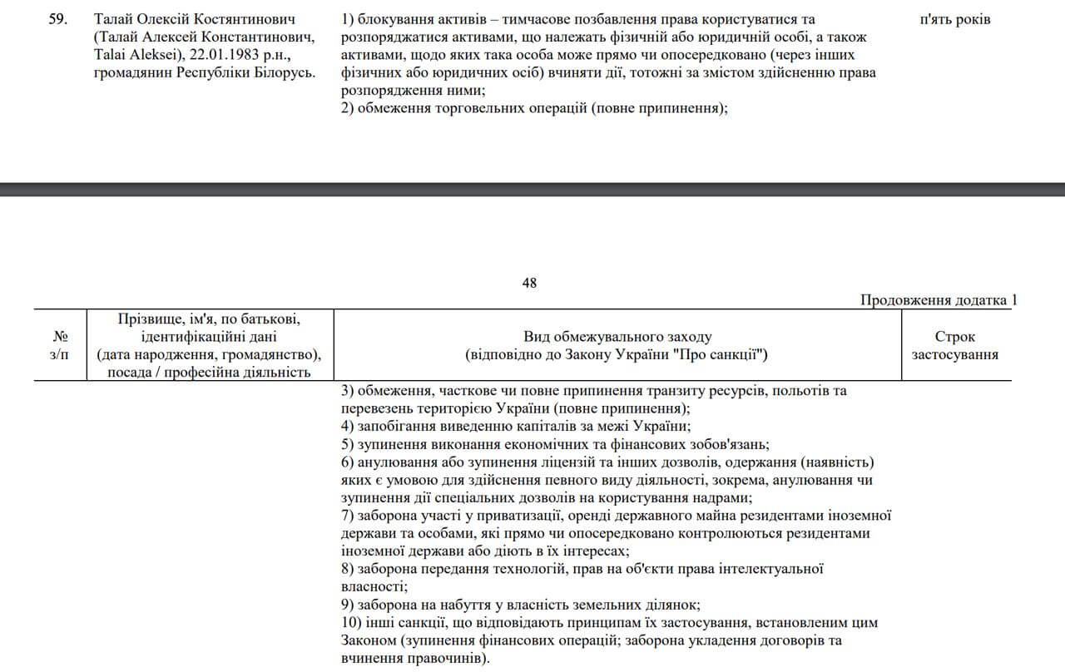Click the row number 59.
(x=57, y=18)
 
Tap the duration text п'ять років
(x=955, y=18)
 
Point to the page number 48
(x=529, y=283)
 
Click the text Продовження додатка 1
(x=938, y=300)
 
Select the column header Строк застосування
(x=955, y=346)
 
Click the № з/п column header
(x=60, y=346)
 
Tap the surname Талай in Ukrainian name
(x=112, y=18)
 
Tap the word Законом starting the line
(x=368, y=641)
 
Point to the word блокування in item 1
(x=394, y=18)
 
